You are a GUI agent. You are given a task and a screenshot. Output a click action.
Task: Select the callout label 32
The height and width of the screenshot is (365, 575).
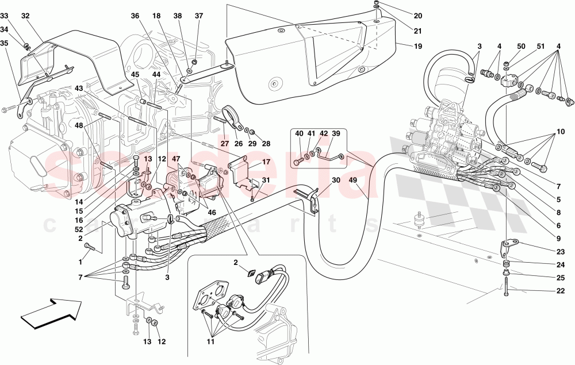[25, 17]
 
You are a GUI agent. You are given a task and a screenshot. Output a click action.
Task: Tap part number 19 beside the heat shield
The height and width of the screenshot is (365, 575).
[418, 45]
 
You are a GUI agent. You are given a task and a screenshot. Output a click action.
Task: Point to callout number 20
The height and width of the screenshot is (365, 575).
[418, 16]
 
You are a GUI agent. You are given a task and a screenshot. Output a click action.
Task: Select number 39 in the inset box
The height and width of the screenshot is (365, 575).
[336, 134]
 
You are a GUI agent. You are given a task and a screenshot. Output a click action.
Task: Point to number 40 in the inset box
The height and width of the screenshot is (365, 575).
[299, 134]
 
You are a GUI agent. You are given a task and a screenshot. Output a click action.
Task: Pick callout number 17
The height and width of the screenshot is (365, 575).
[266, 163]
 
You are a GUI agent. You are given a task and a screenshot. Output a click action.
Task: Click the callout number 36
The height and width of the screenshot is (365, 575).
[135, 17]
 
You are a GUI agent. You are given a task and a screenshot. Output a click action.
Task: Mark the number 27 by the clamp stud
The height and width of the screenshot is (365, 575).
[224, 144]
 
